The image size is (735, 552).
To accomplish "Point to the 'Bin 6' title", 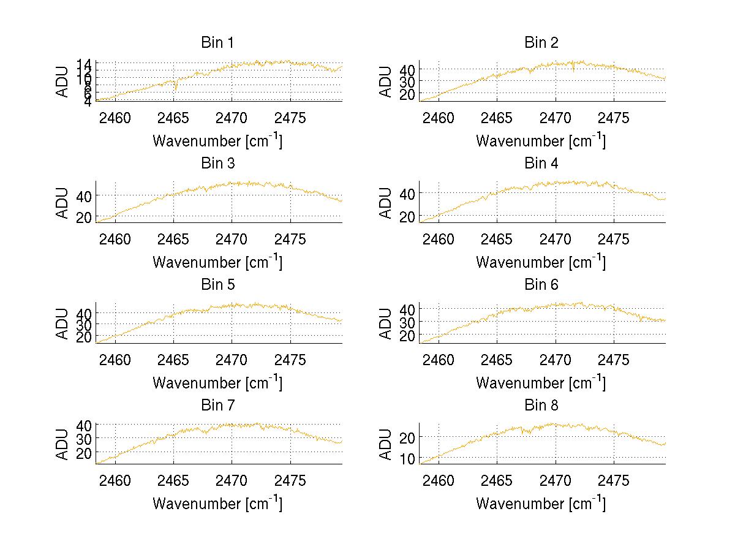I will pyautogui.click(x=541, y=285).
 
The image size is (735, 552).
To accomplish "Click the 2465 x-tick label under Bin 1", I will pyautogui.click(x=173, y=118).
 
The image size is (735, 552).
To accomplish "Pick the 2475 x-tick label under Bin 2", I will pyautogui.click(x=614, y=118).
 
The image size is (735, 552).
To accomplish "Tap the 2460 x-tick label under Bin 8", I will pyautogui.click(x=439, y=481).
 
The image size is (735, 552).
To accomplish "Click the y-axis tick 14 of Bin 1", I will pyautogui.click(x=85, y=64).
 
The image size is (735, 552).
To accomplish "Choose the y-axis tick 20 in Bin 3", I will pyautogui.click(x=85, y=217).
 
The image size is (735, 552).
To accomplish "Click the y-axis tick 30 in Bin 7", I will pyautogui.click(x=85, y=439).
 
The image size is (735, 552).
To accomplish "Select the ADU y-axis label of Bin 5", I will pyautogui.click(x=62, y=323).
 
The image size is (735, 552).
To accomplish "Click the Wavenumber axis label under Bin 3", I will pyautogui.click(x=217, y=262).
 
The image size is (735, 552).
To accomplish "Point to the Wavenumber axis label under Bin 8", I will pyautogui.click(x=541, y=504).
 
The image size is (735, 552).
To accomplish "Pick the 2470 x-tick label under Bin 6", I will pyautogui.click(x=556, y=360).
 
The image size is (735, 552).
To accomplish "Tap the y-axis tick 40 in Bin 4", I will pyautogui.click(x=409, y=194).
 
